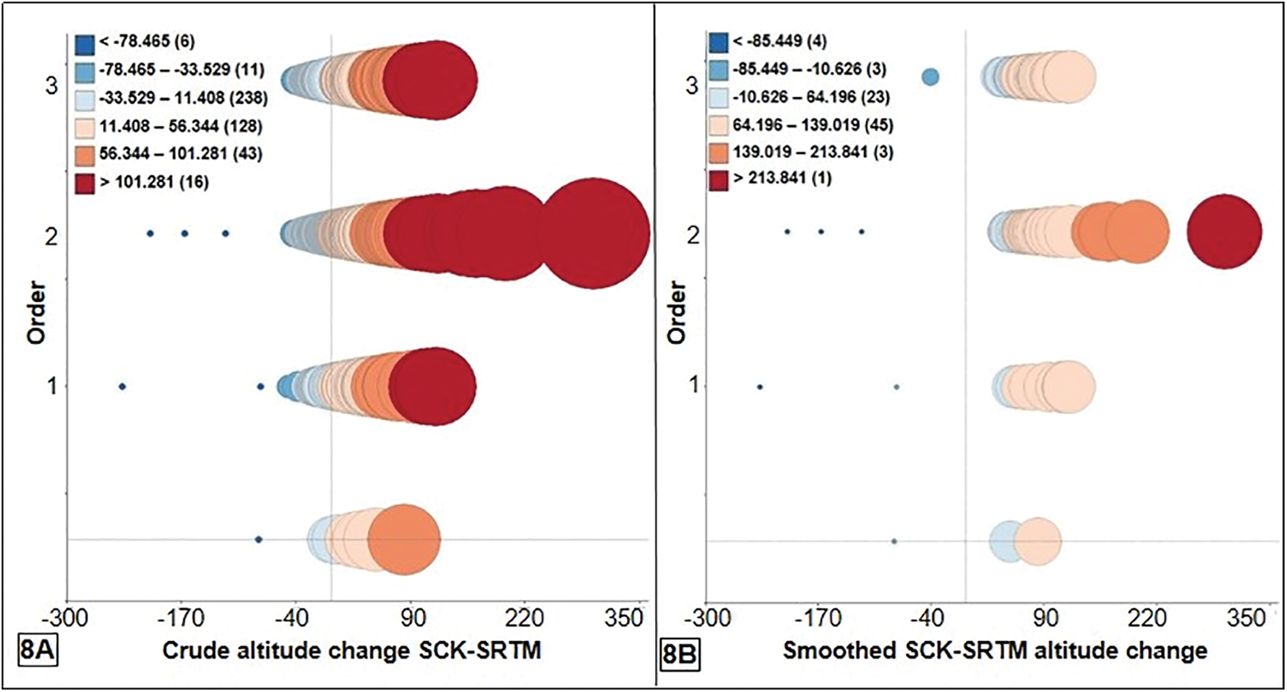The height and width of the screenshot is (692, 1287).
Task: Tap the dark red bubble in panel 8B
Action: (1224, 231)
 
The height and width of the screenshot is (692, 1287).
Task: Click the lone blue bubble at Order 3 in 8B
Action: (930, 77)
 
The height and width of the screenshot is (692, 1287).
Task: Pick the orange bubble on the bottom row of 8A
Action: (404, 540)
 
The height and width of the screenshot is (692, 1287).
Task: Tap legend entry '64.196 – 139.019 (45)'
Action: (801, 125)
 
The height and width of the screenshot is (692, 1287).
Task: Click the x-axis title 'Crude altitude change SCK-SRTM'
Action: (351, 651)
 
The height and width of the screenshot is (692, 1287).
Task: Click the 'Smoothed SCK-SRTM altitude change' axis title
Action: (994, 651)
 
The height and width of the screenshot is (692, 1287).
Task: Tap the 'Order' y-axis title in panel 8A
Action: (35, 312)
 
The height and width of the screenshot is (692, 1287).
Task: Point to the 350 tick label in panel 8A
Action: (622, 617)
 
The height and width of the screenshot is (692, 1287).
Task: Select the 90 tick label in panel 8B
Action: (1045, 618)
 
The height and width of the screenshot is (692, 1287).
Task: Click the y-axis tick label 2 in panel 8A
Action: (51, 236)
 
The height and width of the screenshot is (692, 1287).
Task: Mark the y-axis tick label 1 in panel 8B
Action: (693, 385)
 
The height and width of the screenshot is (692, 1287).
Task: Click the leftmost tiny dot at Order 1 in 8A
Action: (123, 386)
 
